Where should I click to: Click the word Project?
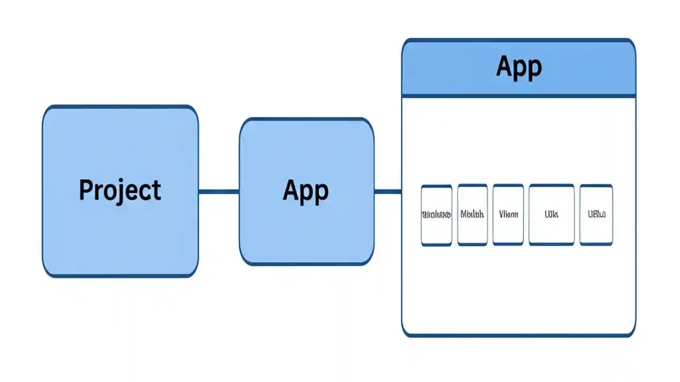pyautogui.click(x=120, y=190)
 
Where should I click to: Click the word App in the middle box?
pyautogui.click(x=305, y=191)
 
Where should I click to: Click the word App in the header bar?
pyautogui.click(x=518, y=67)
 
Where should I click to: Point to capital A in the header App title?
pyautogui.click(x=506, y=65)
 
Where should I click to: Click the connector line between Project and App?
pyautogui.click(x=218, y=192)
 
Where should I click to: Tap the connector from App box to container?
pyautogui.click(x=388, y=192)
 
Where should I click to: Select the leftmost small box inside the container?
pyautogui.click(x=436, y=215)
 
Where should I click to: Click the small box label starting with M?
pyautogui.click(x=472, y=215)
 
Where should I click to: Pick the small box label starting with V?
pyautogui.click(x=508, y=215)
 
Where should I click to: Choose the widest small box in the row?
pyautogui.click(x=551, y=215)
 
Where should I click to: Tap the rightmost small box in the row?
pyautogui.click(x=596, y=215)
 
